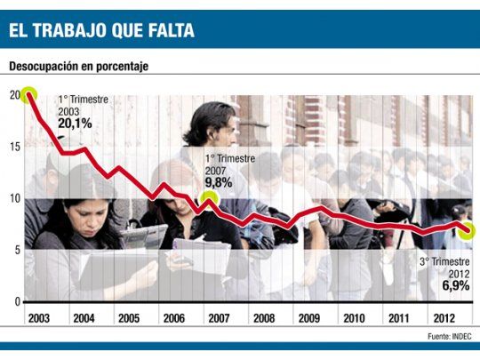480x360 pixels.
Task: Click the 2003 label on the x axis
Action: point(38,317)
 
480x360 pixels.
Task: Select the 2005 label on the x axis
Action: point(128,317)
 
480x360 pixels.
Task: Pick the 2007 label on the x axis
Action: point(219,317)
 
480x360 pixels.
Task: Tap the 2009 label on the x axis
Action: point(308,317)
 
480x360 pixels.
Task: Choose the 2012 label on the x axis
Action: point(444,317)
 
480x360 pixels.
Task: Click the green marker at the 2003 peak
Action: point(28,94)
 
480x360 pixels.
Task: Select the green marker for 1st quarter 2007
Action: point(209,200)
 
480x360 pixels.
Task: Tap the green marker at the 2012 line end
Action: point(468,230)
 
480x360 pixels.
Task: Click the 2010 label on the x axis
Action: point(354,317)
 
